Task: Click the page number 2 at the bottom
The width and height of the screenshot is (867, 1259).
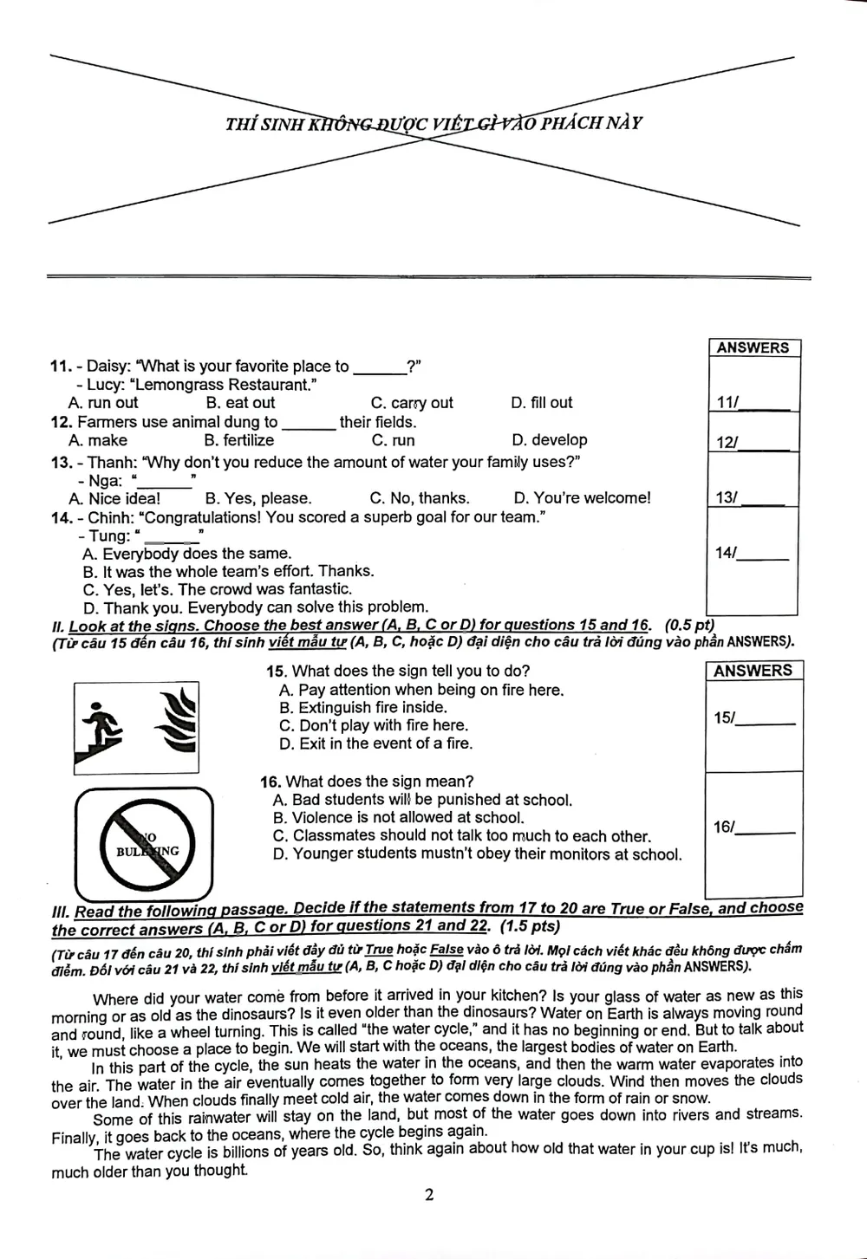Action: click(x=429, y=1195)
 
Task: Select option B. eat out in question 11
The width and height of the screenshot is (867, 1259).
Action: click(x=240, y=403)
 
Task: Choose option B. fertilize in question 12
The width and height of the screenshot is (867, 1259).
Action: click(x=238, y=440)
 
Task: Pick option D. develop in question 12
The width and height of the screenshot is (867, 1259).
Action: click(x=549, y=440)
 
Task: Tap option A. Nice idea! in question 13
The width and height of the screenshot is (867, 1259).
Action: click(x=114, y=498)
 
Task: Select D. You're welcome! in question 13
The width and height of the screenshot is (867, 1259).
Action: click(x=581, y=498)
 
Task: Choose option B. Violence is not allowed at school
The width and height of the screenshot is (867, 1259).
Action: click(x=399, y=817)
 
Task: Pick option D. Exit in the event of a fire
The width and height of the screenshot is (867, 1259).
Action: click(x=376, y=743)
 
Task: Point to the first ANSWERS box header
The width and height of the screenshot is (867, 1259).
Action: click(x=753, y=348)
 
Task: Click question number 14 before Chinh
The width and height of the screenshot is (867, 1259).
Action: click(x=61, y=518)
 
